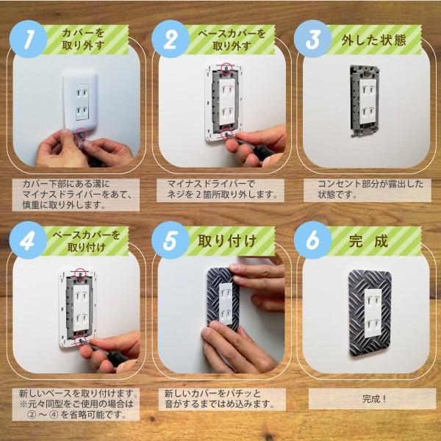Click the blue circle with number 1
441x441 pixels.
(x=28, y=41)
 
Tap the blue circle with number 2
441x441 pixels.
(x=171, y=40)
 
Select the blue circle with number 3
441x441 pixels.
(x=315, y=40)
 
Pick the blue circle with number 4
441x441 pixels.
(x=28, y=241)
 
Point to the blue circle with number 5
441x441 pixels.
(x=171, y=241)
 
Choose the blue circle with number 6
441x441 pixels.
(x=315, y=241)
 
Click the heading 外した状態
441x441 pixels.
(x=373, y=40)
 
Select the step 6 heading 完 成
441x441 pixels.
(x=370, y=240)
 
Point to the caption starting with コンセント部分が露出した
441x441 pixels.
(x=371, y=190)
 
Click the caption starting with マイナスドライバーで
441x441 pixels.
(x=220, y=190)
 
